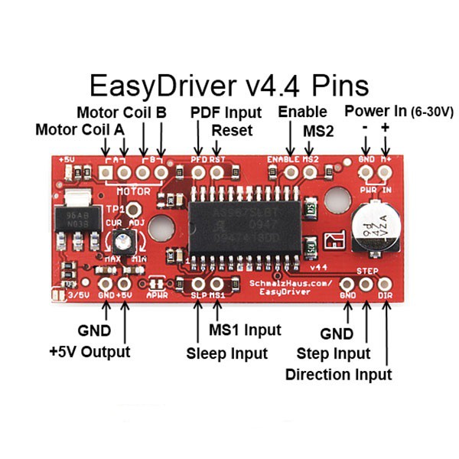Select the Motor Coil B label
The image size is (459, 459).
(122, 112)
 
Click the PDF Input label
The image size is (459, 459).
(226, 112)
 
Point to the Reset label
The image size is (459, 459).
(232, 130)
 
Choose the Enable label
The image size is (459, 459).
(302, 112)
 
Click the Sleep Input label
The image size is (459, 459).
(227, 353)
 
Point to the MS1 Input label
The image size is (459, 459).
(245, 330)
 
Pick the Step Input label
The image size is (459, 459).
(333, 353)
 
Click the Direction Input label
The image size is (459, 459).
(338, 374)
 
